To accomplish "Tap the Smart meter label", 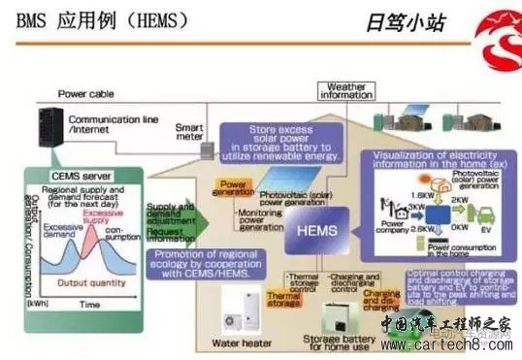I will pyautogui.click(x=190, y=132).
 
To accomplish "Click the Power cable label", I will pyautogui.click(x=85, y=94).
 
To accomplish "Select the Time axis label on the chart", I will pyautogui.click(x=89, y=304).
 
